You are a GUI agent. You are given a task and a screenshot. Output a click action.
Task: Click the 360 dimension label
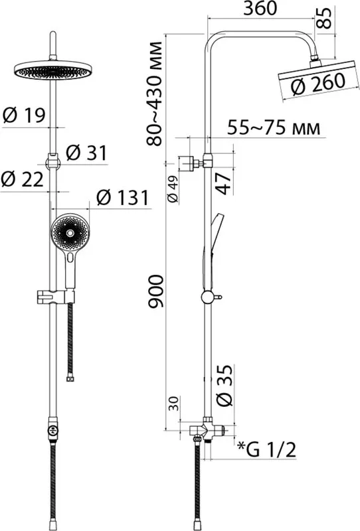[260, 9]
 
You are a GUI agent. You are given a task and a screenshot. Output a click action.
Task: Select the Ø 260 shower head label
[318, 84]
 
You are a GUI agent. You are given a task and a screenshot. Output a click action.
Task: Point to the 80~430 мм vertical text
[155, 94]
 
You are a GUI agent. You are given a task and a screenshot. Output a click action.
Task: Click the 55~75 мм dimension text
[274, 127]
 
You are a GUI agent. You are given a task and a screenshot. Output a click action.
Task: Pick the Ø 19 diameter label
[24, 115]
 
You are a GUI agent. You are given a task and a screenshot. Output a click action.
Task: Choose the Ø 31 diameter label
[86, 153]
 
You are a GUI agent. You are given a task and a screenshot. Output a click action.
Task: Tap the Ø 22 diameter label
[23, 179]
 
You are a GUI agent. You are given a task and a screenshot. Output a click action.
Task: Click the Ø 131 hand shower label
[123, 197]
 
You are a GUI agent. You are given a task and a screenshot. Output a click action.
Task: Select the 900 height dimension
[155, 291]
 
